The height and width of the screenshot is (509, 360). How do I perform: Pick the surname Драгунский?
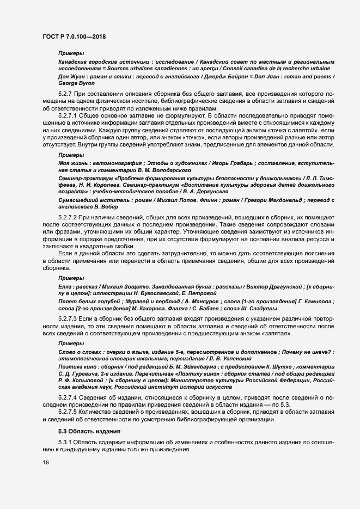(x=287, y=286)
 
